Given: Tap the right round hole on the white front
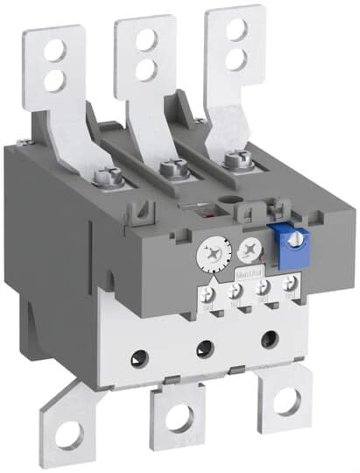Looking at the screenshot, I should coord(263,338).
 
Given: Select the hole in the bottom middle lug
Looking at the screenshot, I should coord(179,419).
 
